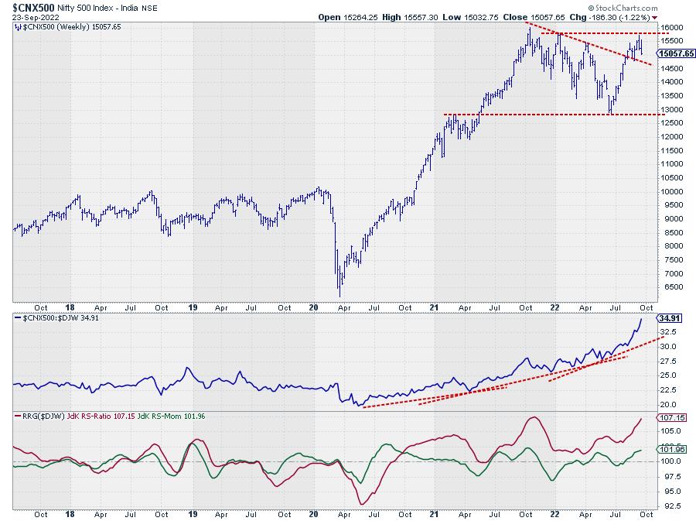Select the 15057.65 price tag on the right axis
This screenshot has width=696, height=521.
(673, 53)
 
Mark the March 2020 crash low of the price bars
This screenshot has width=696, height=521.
(339, 296)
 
